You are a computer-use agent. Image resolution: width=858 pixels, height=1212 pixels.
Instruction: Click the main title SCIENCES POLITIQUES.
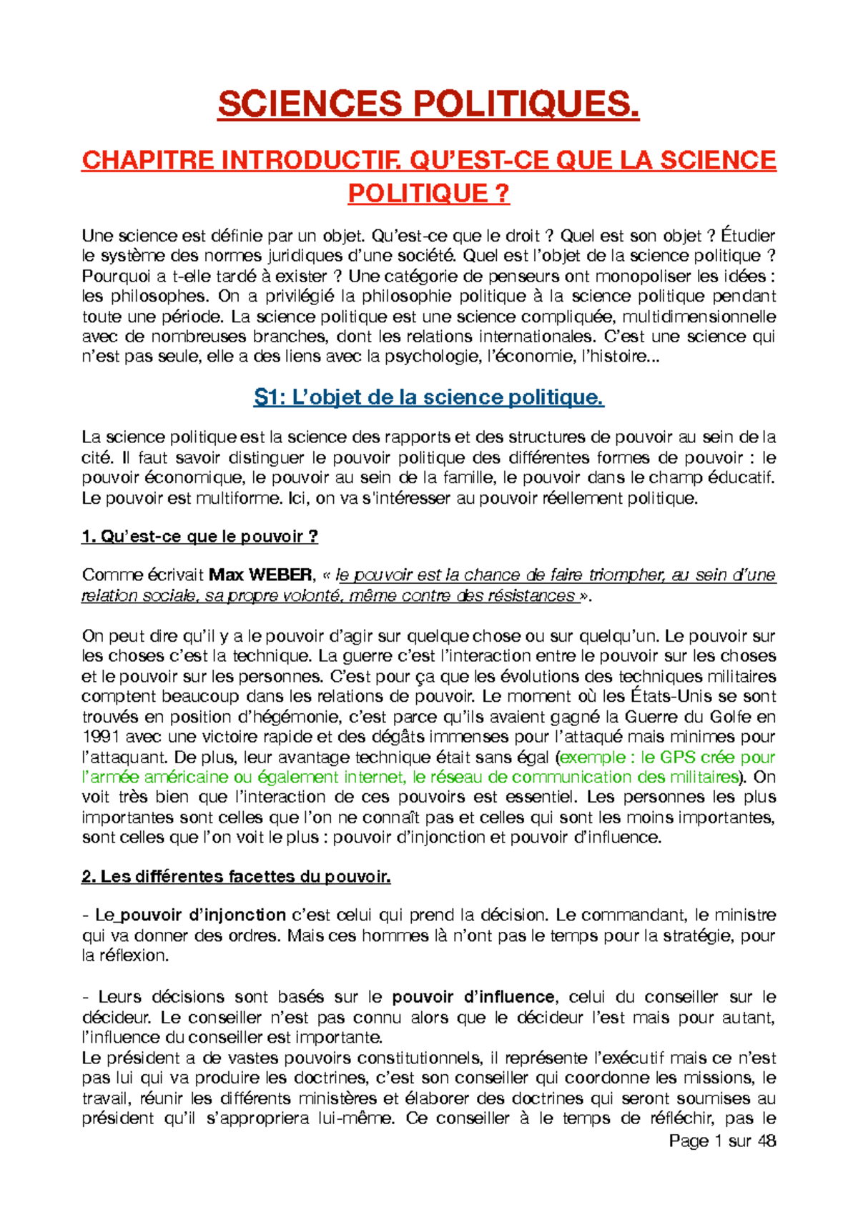pos(428,105)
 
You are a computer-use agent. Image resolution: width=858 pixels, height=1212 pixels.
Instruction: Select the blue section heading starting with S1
pos(428,397)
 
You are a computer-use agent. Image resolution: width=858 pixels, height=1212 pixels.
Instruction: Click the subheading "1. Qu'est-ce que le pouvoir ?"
pos(199,537)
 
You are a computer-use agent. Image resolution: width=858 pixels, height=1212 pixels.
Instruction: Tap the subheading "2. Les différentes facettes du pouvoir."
pos(236,876)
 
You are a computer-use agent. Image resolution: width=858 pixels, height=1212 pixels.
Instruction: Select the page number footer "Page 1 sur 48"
pos(721,1141)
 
